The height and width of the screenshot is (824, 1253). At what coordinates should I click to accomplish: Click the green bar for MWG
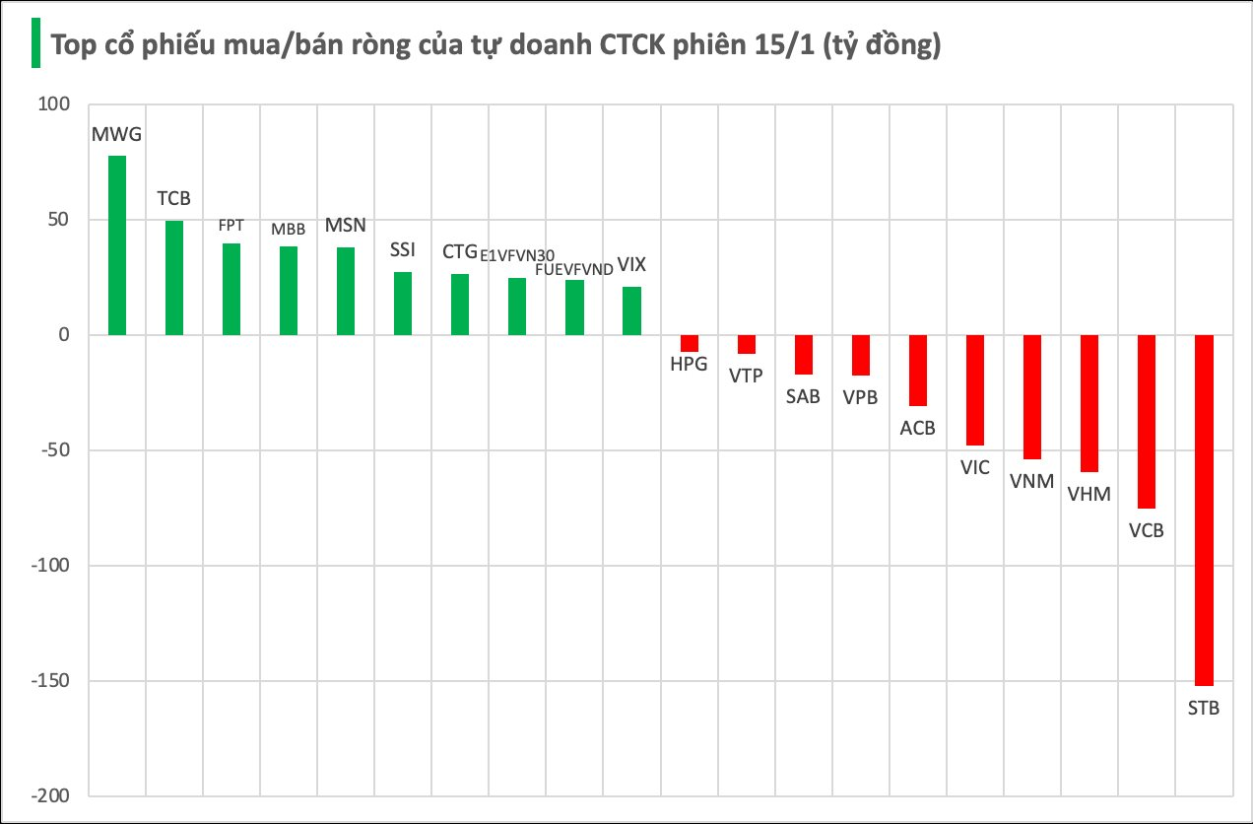116,245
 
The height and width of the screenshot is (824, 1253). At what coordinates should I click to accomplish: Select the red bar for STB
1204,510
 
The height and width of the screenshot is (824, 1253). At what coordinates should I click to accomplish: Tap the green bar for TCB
173,278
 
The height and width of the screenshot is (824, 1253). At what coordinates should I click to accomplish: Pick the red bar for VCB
1147,421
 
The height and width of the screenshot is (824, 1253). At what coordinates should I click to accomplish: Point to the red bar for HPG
690,343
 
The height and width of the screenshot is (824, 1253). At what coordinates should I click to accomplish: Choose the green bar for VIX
631,310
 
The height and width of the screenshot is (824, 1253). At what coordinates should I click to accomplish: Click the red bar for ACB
918,370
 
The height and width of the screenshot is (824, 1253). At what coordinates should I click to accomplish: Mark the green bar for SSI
403,304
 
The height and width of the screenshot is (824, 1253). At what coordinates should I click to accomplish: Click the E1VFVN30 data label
517,255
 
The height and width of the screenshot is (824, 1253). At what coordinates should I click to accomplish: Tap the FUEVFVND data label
574,268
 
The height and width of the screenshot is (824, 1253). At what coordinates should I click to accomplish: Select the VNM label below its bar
1031,482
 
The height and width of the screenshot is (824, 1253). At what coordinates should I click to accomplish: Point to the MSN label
346,226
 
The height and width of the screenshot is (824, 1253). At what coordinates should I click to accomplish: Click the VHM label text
1088,494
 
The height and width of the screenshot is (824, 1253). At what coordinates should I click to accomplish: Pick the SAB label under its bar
803,397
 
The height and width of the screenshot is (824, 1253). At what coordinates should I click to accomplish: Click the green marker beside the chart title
35,43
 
